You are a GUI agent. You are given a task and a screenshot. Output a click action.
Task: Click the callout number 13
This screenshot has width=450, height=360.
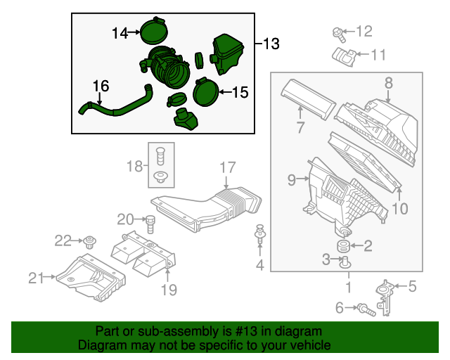pyautogui.click(x=271, y=44)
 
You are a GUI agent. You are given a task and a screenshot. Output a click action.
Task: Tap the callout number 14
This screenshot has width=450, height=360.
pyautogui.click(x=120, y=32)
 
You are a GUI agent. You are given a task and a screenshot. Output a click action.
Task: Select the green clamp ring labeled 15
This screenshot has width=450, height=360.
pyautogui.click(x=205, y=91)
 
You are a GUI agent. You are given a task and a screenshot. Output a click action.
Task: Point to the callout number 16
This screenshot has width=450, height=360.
pyautogui.click(x=101, y=86)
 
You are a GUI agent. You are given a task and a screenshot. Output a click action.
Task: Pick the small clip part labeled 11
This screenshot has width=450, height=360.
pyautogui.click(x=342, y=56)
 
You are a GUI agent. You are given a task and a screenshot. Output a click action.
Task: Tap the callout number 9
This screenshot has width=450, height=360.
pyautogui.click(x=292, y=180)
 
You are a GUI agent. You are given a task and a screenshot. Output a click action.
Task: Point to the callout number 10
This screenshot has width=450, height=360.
pyautogui.click(x=399, y=208)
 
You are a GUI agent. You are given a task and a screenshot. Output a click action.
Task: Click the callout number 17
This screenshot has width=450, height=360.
pyautogui.click(x=226, y=168)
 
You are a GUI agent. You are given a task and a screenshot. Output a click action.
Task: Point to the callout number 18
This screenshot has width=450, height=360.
pyautogui.click(x=134, y=166)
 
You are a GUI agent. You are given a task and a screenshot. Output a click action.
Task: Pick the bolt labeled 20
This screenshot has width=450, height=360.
pyautogui.click(x=150, y=224)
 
